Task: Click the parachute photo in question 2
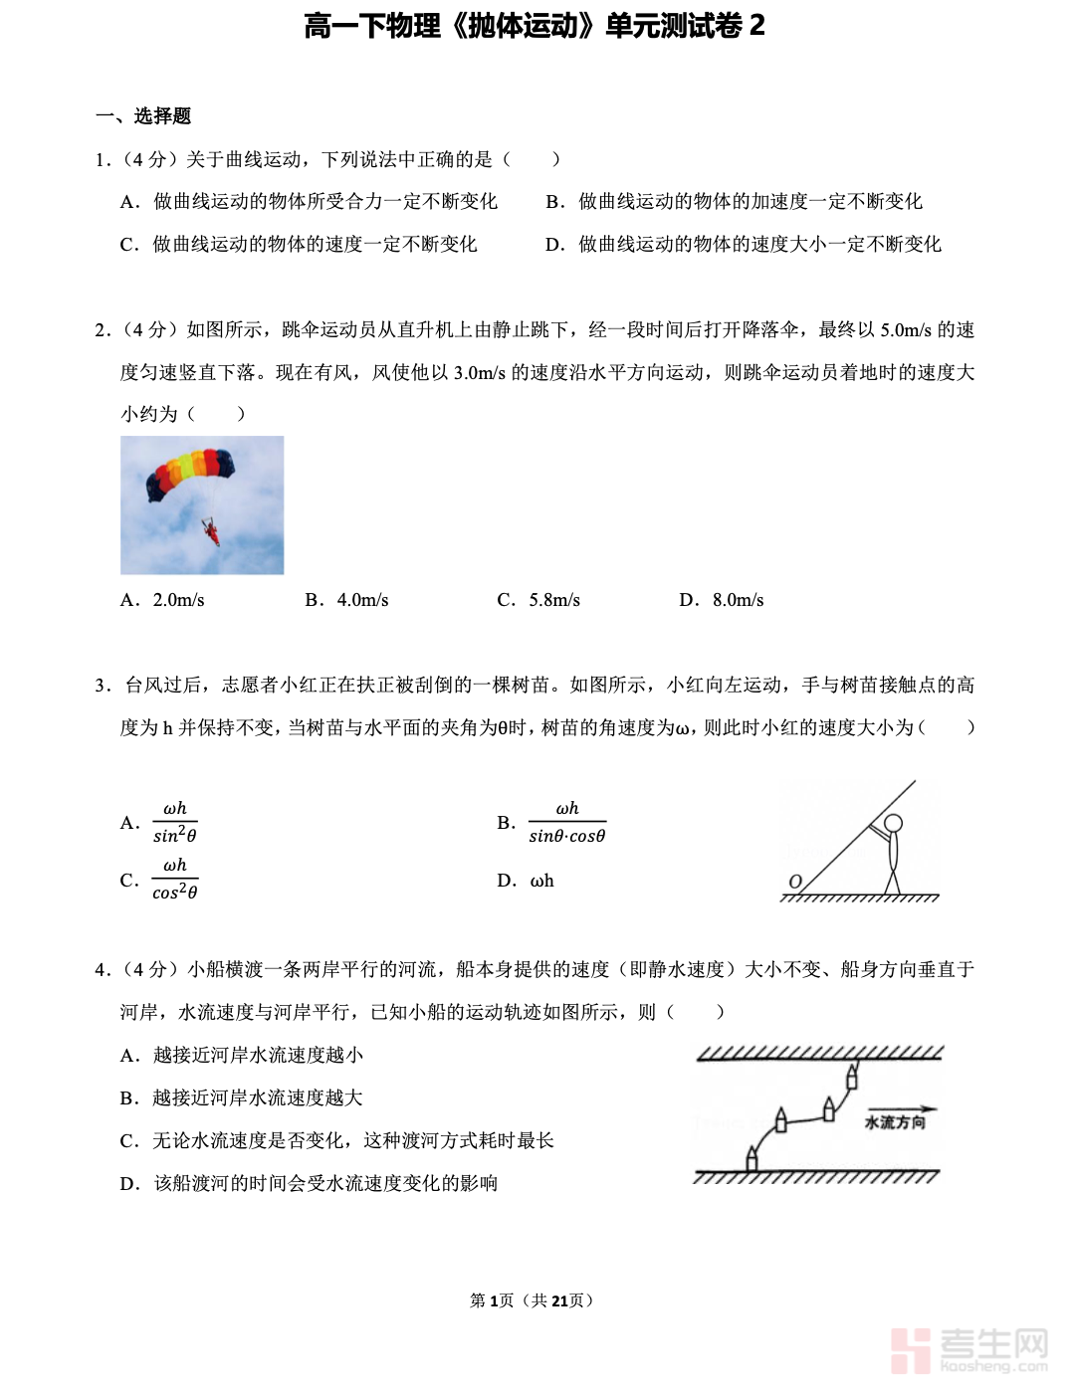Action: click(x=202, y=504)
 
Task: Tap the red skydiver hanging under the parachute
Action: click(x=212, y=533)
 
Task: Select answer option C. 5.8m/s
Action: click(x=538, y=600)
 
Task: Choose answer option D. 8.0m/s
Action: click(x=722, y=600)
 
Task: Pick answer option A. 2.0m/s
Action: click(x=162, y=600)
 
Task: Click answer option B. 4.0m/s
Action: click(x=346, y=600)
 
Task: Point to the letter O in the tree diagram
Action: click(x=795, y=882)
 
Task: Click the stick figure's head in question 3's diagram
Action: click(x=893, y=824)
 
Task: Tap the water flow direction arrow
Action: click(x=902, y=1108)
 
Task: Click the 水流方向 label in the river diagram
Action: click(x=895, y=1122)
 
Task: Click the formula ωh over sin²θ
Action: click(x=175, y=823)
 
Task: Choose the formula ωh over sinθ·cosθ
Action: click(x=566, y=823)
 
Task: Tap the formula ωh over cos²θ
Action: click(x=175, y=880)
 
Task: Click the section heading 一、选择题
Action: click(x=143, y=116)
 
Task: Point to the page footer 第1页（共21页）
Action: click(x=533, y=1300)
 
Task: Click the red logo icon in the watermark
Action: click(x=911, y=1350)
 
